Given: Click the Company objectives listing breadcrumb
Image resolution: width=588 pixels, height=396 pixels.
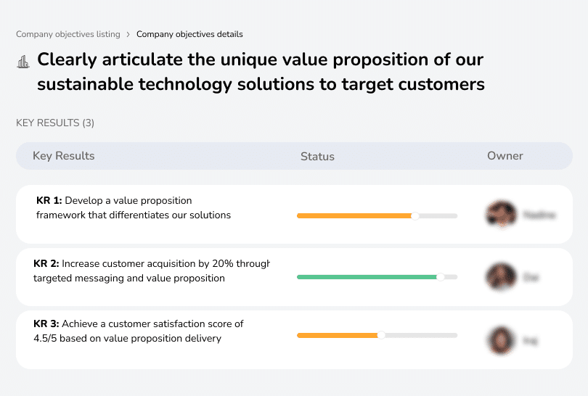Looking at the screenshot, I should [x=68, y=34].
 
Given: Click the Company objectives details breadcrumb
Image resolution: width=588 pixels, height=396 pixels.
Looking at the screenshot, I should [x=189, y=34].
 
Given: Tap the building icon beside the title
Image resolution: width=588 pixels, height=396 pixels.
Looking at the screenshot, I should [x=23, y=62].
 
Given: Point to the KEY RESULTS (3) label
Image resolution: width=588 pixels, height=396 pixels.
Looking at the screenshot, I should [x=55, y=123].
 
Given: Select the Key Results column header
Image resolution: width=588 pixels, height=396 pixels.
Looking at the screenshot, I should [x=63, y=156].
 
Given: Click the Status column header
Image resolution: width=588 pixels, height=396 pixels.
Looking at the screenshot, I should [x=317, y=156].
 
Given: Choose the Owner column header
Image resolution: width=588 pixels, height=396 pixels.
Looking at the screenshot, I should [x=505, y=156].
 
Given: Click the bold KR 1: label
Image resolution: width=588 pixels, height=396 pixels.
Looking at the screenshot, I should [x=49, y=200].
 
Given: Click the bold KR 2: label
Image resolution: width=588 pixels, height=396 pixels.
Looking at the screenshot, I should [x=46, y=263].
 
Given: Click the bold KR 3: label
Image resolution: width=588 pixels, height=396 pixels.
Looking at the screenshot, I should [x=46, y=324].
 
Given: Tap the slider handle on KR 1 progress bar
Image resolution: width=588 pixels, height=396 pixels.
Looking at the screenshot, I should [x=415, y=215].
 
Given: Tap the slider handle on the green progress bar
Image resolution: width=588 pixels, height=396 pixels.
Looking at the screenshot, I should [x=440, y=277].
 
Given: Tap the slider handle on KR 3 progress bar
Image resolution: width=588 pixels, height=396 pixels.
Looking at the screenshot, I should [x=381, y=335].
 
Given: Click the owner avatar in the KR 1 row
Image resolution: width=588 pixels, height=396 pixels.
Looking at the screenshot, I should [x=501, y=215].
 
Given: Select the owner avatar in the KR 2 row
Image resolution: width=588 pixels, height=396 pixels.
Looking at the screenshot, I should [x=501, y=277].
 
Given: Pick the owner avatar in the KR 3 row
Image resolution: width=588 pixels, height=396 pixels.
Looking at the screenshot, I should [x=501, y=339].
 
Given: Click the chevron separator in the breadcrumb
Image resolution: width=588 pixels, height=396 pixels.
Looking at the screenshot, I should [x=128, y=34].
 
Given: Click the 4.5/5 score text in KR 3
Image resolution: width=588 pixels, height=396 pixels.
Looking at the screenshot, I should [x=50, y=338].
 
